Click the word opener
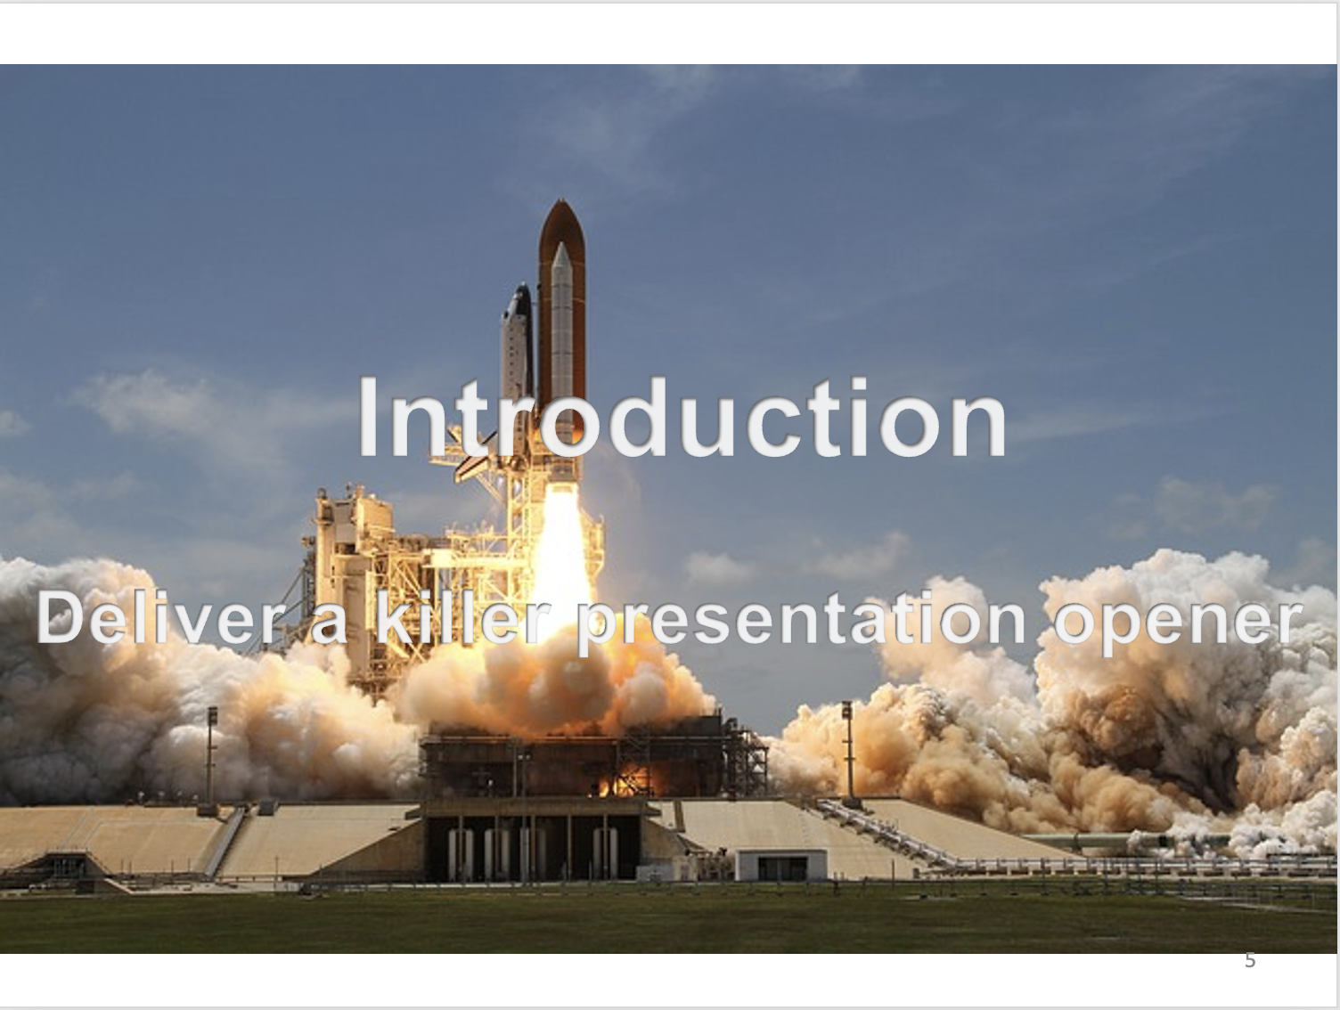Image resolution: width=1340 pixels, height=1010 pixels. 1179,623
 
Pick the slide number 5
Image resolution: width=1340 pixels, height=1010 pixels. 1250,961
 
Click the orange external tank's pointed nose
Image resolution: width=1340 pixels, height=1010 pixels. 561,205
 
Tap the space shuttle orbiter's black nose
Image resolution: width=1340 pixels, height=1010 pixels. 522,291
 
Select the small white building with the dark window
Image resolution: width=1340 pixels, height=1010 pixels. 781,865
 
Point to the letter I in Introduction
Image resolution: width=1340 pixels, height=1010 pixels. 367,417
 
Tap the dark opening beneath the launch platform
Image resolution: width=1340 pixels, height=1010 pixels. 532,848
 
